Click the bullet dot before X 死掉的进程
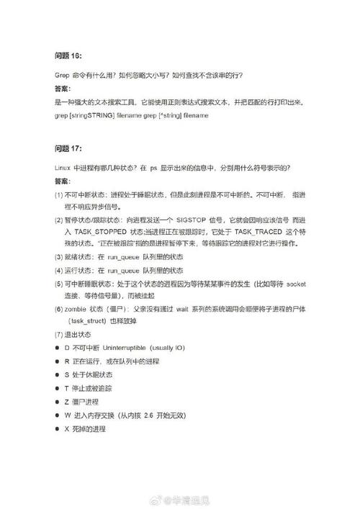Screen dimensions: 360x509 [57, 429]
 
